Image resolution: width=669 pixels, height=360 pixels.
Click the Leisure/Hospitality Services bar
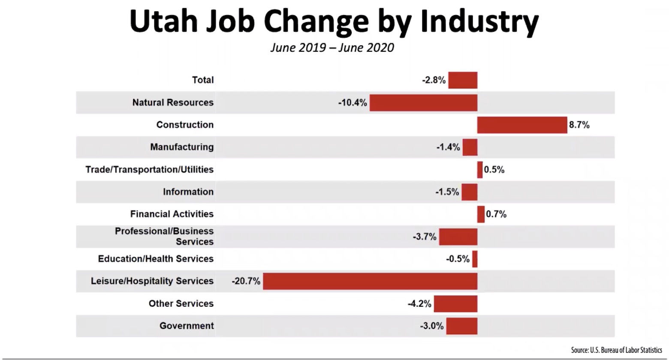pos(370,281)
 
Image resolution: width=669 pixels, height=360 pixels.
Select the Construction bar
pos(522,125)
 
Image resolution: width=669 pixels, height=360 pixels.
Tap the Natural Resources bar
pos(423,103)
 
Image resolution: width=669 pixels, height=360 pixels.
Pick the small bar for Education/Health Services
pos(475,259)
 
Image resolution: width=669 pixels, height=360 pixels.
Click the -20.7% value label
pos(246,281)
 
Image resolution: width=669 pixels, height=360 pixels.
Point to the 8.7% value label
pos(579,125)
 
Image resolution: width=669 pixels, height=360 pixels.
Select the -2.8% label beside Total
pos(434,80)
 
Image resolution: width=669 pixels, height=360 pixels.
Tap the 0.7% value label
pos(496,214)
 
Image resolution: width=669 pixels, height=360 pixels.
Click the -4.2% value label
pos(419,303)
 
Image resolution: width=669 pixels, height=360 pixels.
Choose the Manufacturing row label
pos(181,147)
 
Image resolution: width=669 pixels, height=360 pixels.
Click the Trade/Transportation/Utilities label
pos(149,169)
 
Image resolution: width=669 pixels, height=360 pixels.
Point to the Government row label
pos(186,326)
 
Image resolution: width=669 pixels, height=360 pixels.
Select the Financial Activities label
pos(172,214)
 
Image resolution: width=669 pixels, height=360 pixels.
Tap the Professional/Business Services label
pos(164,236)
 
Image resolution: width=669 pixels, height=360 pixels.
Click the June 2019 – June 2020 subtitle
pos(332,47)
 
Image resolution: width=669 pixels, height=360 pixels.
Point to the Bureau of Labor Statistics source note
pos(616,350)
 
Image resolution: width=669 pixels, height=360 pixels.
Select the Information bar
pos(469,192)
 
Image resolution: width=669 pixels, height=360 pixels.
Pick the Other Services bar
pos(455,303)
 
